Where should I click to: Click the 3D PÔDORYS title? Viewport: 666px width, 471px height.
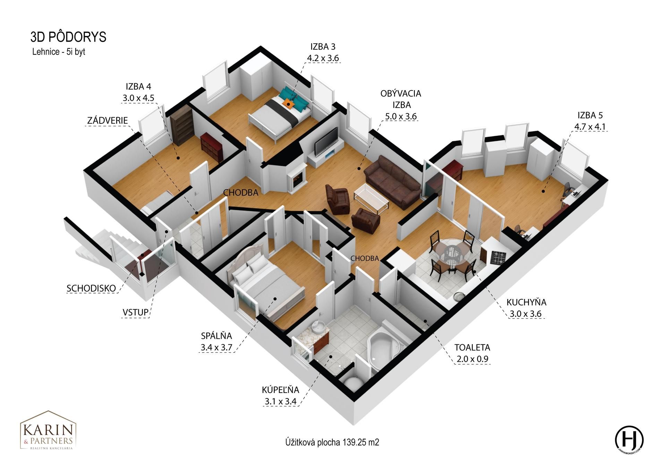pyautogui.click(x=68, y=37)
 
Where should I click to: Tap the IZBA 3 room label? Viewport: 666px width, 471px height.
pyautogui.click(x=323, y=46)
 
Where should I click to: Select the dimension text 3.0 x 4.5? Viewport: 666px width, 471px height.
pyautogui.click(x=138, y=98)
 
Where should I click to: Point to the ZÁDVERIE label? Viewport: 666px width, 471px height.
pyautogui.click(x=108, y=120)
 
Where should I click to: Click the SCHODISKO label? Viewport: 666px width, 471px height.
pyautogui.click(x=91, y=288)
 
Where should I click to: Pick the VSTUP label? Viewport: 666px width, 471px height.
pyautogui.click(x=136, y=312)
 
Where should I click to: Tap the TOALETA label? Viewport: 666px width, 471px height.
pyautogui.click(x=472, y=347)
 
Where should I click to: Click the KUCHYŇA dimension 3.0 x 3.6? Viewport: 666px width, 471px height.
pyautogui.click(x=526, y=314)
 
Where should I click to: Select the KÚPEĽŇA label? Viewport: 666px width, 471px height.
pyautogui.click(x=280, y=389)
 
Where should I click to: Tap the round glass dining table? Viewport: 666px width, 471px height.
pyautogui.click(x=452, y=249)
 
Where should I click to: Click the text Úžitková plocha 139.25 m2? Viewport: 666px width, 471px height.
pyautogui.click(x=332, y=442)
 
